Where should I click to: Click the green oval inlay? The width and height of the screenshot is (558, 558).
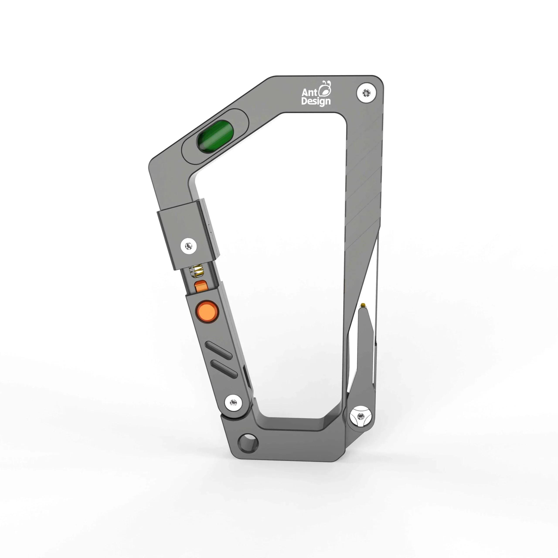(215, 136)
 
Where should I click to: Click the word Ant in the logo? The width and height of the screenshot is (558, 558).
(309, 93)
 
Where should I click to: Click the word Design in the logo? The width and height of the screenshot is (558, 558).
(316, 101)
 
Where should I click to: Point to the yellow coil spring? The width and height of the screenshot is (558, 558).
(196, 271)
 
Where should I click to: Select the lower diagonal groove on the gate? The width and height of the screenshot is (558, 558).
(224, 369)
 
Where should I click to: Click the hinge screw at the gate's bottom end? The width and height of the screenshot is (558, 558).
(234, 402)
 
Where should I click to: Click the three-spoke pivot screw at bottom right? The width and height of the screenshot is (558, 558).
(360, 416)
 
